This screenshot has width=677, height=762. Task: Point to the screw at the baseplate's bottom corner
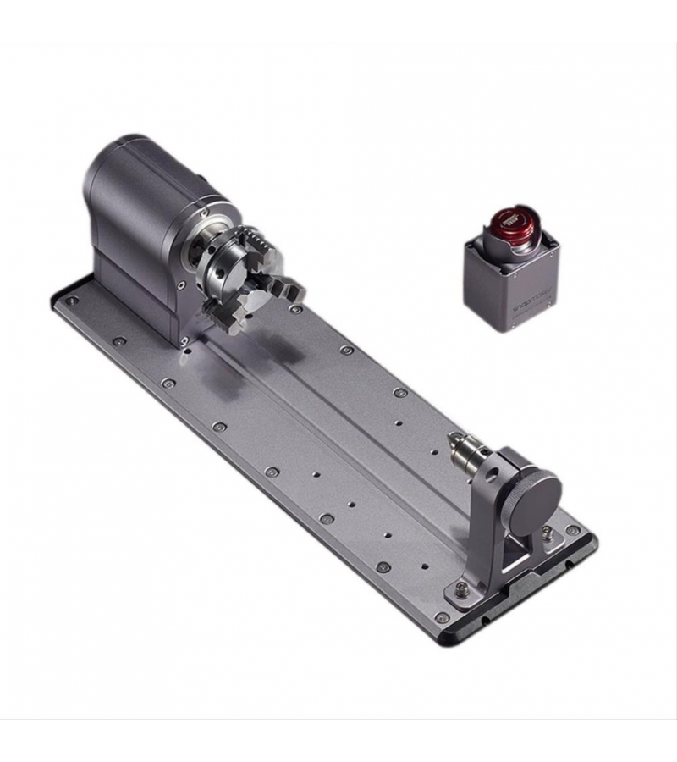[x=441, y=617]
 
